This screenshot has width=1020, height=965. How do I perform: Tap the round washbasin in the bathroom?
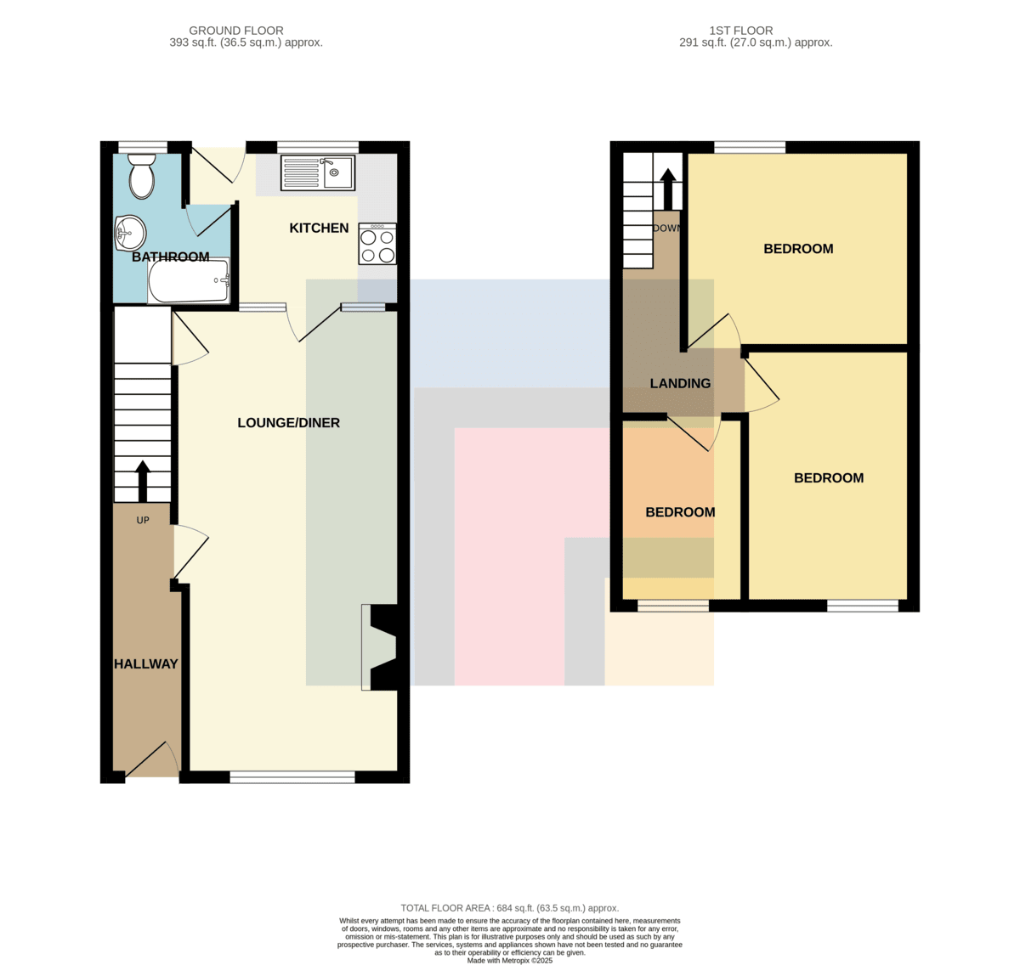tap(129, 233)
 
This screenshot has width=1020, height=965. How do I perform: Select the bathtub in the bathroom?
tap(189, 280)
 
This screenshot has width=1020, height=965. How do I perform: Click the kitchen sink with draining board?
tap(318, 172)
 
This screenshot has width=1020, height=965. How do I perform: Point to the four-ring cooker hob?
tap(377, 244)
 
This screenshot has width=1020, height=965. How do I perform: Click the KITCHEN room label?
tap(319, 228)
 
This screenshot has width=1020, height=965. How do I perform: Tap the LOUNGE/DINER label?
tap(288, 422)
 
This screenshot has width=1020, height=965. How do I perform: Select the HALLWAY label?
tap(146, 663)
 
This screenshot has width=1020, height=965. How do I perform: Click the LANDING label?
tap(680, 383)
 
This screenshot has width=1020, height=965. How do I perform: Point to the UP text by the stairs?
tap(143, 520)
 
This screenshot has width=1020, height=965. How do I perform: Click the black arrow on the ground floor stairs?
tap(143, 481)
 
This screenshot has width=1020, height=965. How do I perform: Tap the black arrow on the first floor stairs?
tap(668, 189)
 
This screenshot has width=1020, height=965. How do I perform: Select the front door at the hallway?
tap(152, 760)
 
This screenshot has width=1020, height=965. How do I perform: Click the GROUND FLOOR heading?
tap(236, 31)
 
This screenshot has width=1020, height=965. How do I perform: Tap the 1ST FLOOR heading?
tap(741, 31)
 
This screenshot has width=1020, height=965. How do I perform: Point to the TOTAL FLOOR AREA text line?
tap(509, 908)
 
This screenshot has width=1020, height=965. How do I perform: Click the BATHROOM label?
tap(171, 257)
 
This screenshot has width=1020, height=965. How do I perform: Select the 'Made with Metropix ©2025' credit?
tap(509, 961)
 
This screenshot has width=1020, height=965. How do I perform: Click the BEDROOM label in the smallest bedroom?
tap(680, 512)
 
